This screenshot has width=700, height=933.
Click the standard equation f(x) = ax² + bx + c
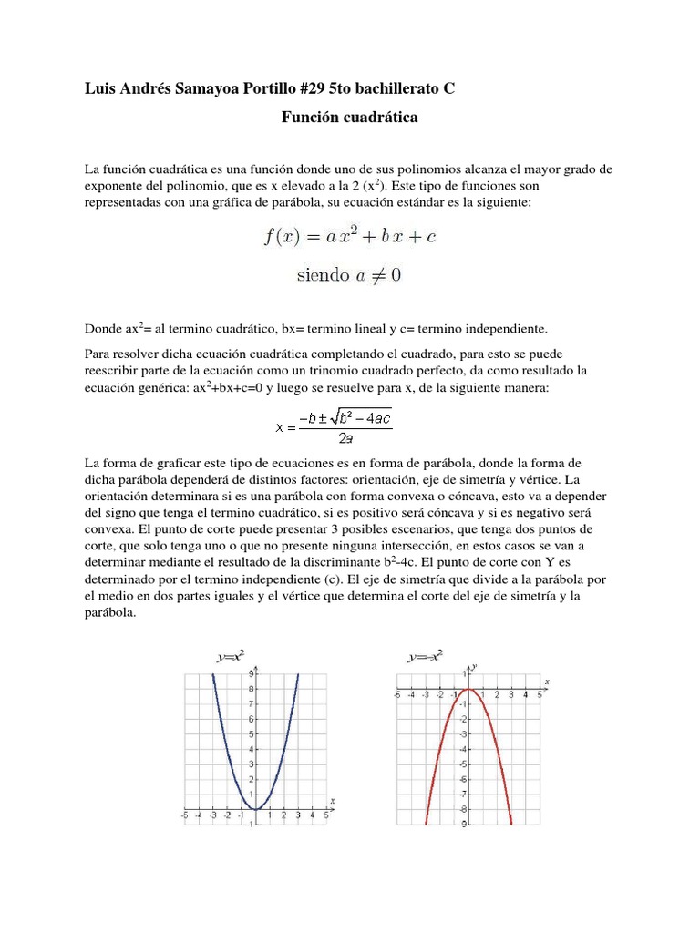[x=350, y=237]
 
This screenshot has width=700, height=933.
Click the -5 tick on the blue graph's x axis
[x=185, y=816]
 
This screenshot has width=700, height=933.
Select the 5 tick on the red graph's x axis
[x=539, y=694]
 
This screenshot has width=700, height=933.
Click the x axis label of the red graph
[x=546, y=681]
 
